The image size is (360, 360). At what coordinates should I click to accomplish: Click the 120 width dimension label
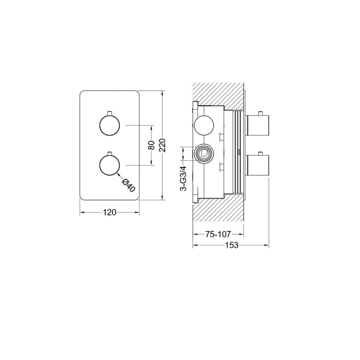109,212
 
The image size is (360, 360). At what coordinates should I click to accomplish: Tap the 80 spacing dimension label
151,145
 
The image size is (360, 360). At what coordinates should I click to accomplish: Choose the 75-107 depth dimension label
218,234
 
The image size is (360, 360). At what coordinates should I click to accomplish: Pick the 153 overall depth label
232,245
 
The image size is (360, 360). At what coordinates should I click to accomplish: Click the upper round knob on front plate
110,125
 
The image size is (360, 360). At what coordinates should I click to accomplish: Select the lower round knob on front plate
110,165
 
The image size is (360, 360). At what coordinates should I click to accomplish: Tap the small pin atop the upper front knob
110,113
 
